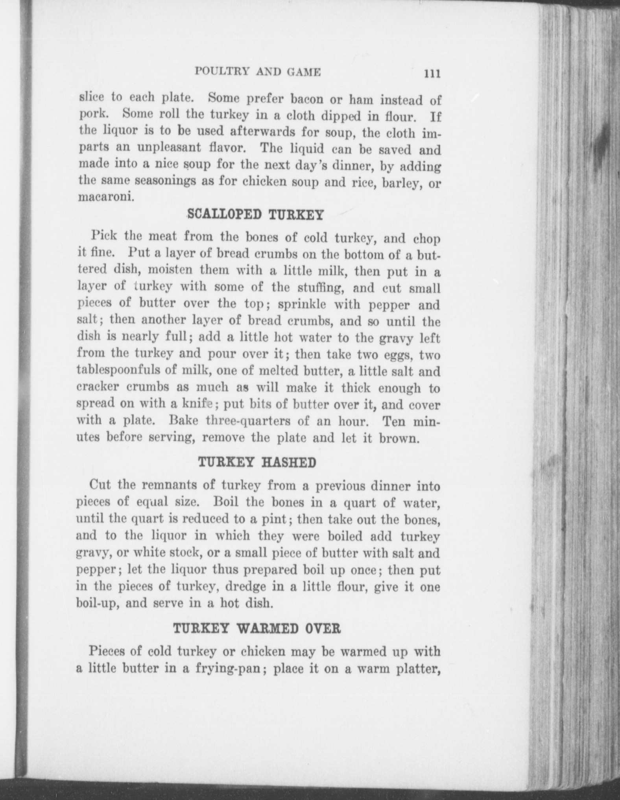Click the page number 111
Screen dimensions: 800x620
(x=432, y=74)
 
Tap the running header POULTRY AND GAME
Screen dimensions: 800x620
(x=258, y=72)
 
